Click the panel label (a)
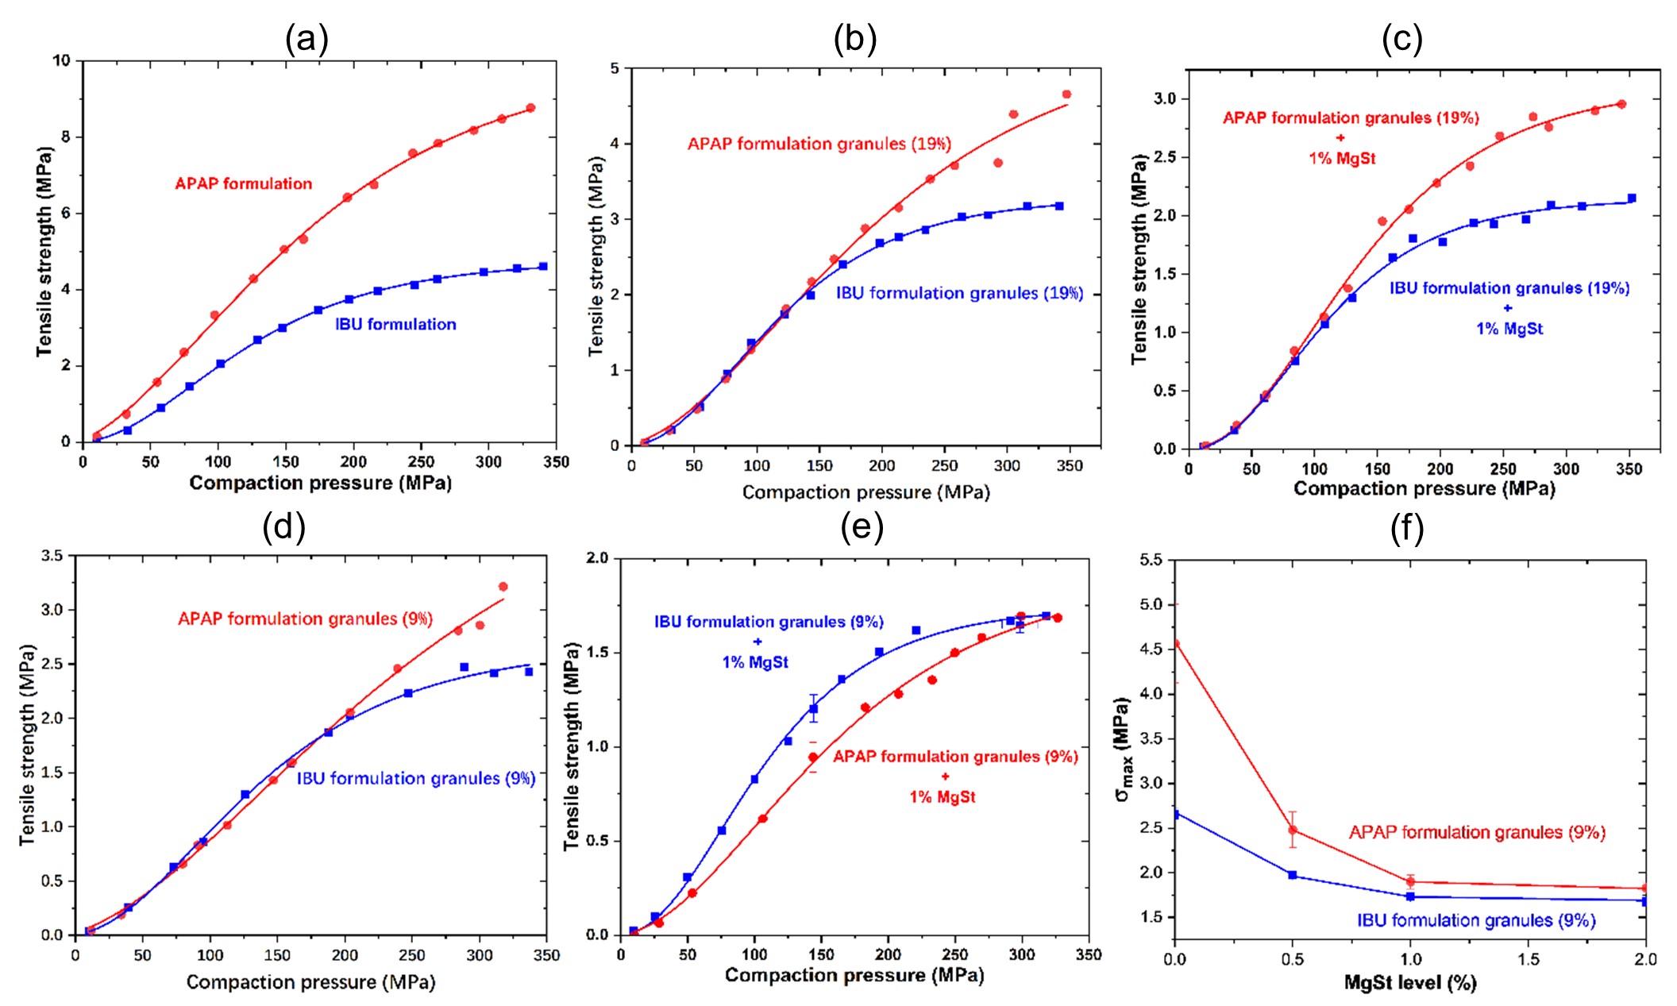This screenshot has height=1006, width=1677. pos(306,38)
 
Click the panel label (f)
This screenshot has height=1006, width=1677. pos(1406,528)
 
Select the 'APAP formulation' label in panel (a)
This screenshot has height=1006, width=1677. pos(244,183)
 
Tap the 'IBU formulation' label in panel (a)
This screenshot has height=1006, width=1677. pos(395,324)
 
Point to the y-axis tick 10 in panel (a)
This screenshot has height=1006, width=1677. pos(61,60)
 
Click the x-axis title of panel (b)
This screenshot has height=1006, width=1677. pos(865,492)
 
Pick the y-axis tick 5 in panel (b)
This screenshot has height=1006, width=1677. pos(615,68)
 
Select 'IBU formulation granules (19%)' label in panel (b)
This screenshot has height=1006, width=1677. pos(959,293)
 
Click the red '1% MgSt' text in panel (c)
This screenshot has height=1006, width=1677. pos(1342,158)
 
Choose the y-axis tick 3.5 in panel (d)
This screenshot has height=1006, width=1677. pos(52,556)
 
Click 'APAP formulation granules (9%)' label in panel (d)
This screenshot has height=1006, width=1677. pos(305,619)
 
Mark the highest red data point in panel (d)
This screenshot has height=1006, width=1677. pos(503,587)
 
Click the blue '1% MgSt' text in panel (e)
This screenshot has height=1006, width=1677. pos(755,662)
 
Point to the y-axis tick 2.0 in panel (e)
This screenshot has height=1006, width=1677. pos(596,558)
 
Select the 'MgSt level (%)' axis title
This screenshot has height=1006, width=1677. pos(1410,983)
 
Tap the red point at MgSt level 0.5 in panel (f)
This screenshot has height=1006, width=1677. pos(1293,831)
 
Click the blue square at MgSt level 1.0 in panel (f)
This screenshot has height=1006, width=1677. pos(1410,896)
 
